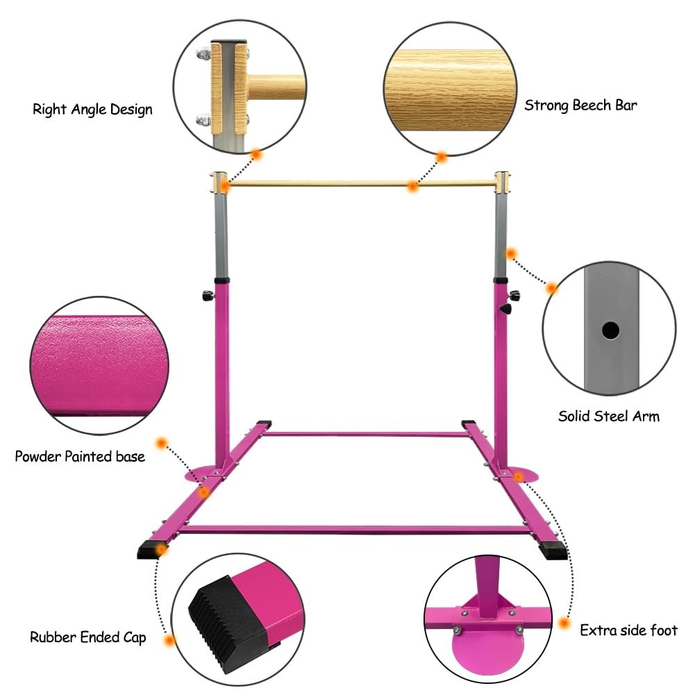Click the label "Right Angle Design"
(92, 110)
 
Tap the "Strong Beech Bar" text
(580, 106)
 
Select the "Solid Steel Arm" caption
(608, 416)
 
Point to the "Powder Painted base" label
(80, 456)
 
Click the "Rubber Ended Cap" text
(87, 637)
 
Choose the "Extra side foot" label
(628, 630)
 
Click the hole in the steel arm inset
(609, 330)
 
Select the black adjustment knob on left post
(207, 296)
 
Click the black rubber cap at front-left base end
(149, 551)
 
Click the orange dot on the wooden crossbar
(412, 185)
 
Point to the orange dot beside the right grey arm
(512, 253)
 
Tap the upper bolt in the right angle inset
(201, 53)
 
